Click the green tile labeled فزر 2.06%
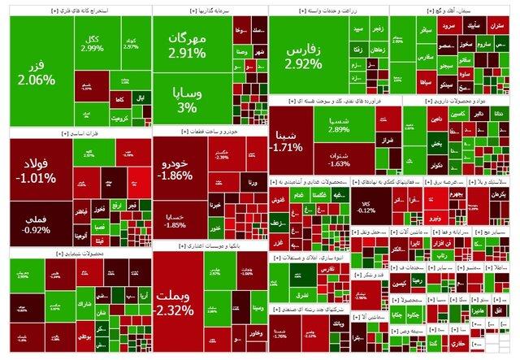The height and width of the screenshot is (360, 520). click(39, 72)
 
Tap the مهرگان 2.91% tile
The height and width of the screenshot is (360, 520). click(187, 45)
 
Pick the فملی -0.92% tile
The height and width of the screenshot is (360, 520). click(36, 223)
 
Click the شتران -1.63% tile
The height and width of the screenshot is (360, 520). click(338, 157)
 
